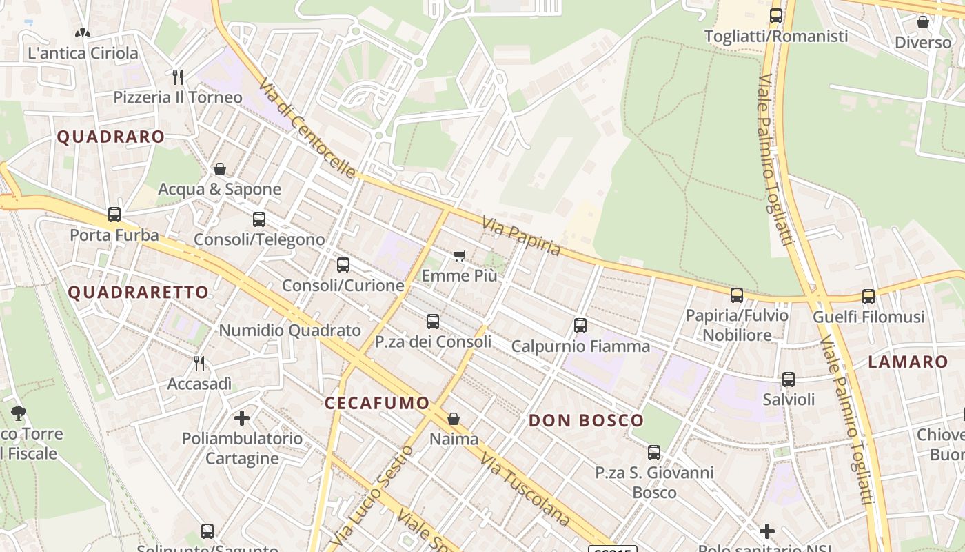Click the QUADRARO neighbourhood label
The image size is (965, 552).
point(110,137)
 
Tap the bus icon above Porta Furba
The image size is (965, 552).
point(114,215)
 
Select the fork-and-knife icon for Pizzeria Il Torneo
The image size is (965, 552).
point(178,76)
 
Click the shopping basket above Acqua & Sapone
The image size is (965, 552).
point(220,168)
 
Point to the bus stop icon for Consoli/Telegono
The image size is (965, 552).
point(259,219)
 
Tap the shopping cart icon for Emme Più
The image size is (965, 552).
point(460,256)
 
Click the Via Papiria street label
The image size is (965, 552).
point(521,236)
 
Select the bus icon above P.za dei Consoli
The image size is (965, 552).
point(433,321)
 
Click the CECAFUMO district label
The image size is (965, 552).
point(376,403)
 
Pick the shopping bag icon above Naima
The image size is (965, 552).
point(454,418)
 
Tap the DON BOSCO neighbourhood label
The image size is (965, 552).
point(586,420)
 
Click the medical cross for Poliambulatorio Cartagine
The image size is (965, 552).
point(242,417)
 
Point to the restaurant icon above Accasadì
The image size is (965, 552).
point(199,363)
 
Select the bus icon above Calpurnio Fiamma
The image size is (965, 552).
point(580,325)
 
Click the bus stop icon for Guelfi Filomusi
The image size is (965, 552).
point(868,296)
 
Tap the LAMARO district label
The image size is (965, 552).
point(908,362)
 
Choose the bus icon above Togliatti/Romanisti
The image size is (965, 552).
point(776,15)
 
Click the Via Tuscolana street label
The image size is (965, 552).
point(525,489)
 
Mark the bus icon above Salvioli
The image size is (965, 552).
point(789,379)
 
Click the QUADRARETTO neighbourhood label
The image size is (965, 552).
point(138,292)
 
